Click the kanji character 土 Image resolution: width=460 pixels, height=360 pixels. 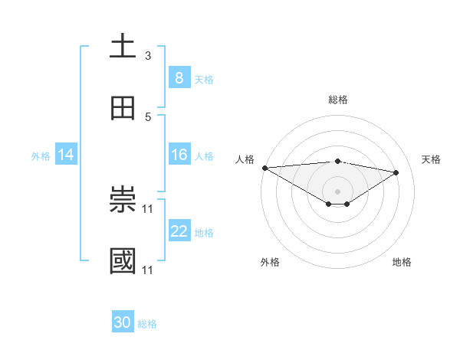point(123,47)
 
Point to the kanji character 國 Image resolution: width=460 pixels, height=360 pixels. point(123,262)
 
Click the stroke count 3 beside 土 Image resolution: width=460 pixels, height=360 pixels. point(148,56)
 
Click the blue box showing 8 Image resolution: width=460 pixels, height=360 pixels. point(179,77)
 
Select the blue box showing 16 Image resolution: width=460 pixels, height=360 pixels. point(179,155)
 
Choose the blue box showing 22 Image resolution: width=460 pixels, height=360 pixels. point(179,231)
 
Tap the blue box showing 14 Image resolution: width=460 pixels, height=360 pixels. point(66,155)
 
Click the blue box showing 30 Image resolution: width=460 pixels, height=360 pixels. point(123,322)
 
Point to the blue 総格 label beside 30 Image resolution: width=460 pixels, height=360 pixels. point(147,324)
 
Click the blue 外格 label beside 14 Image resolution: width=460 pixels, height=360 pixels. point(41,155)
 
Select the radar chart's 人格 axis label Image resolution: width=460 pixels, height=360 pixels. point(245,159)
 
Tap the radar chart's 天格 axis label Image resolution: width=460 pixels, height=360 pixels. point(431,159)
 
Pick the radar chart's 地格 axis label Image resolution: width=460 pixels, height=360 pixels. point(402,262)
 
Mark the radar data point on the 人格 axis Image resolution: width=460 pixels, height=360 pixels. point(264,168)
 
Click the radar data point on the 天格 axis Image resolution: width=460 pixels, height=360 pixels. point(396,172)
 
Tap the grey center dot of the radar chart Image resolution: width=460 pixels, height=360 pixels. point(337,191)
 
